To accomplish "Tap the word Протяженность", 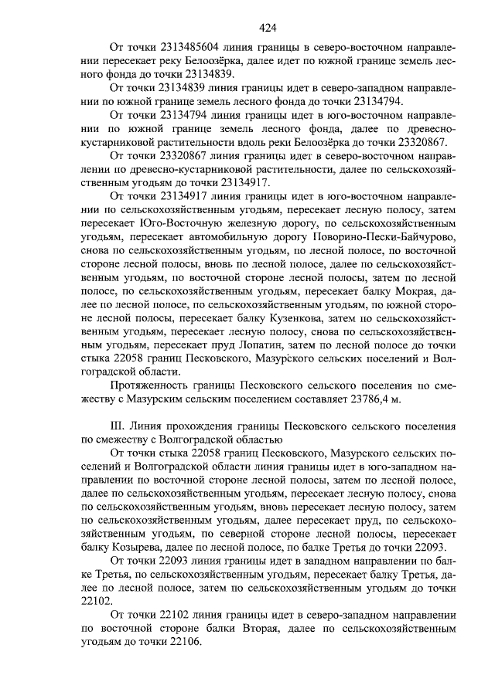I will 156,385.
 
